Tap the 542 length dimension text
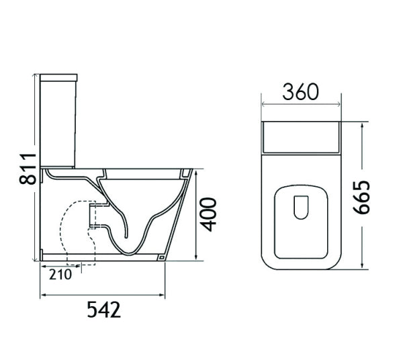(103, 310)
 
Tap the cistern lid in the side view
(58, 77)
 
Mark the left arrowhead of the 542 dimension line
(44, 294)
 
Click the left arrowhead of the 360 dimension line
(264, 104)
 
